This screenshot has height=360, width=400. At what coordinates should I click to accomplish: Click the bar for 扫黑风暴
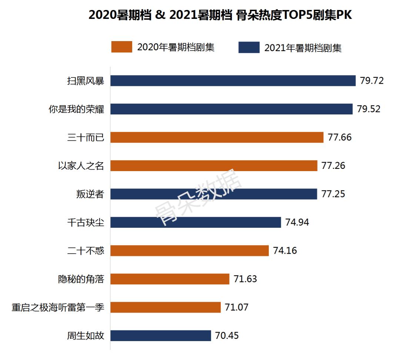[x=233, y=81]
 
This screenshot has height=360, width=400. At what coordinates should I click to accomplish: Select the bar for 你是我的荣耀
[x=231, y=109]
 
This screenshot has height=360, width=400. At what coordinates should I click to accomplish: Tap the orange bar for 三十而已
[x=217, y=137]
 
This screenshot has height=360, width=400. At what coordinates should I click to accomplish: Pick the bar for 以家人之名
[x=214, y=166]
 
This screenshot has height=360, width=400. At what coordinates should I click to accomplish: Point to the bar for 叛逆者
[x=214, y=194]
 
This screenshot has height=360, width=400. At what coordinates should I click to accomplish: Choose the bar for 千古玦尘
[x=196, y=222]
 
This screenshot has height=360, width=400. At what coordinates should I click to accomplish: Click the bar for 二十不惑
[x=190, y=251]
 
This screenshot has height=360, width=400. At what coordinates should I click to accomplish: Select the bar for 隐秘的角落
[x=170, y=279]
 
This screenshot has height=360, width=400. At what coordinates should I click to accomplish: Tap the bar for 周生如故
[x=161, y=336]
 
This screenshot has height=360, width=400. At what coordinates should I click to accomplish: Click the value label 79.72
[x=372, y=81]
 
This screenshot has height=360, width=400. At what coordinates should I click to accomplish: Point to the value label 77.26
[x=333, y=166]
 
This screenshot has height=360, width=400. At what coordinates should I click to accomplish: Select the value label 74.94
[x=297, y=222]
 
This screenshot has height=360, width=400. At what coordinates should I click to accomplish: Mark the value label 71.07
[x=237, y=307]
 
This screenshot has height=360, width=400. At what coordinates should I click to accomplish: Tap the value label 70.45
[x=227, y=336]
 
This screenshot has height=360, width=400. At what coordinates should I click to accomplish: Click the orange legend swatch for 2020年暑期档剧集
[x=121, y=47]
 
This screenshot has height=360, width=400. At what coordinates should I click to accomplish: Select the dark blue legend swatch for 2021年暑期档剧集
[x=249, y=47]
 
